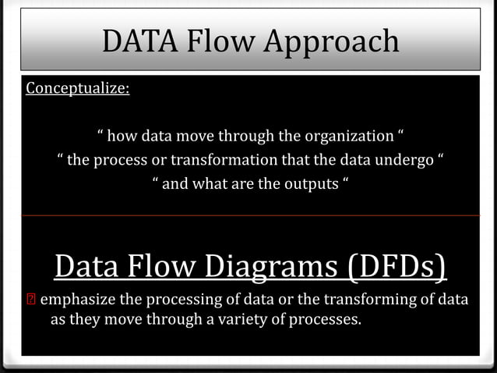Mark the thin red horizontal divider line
tap(249, 215)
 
